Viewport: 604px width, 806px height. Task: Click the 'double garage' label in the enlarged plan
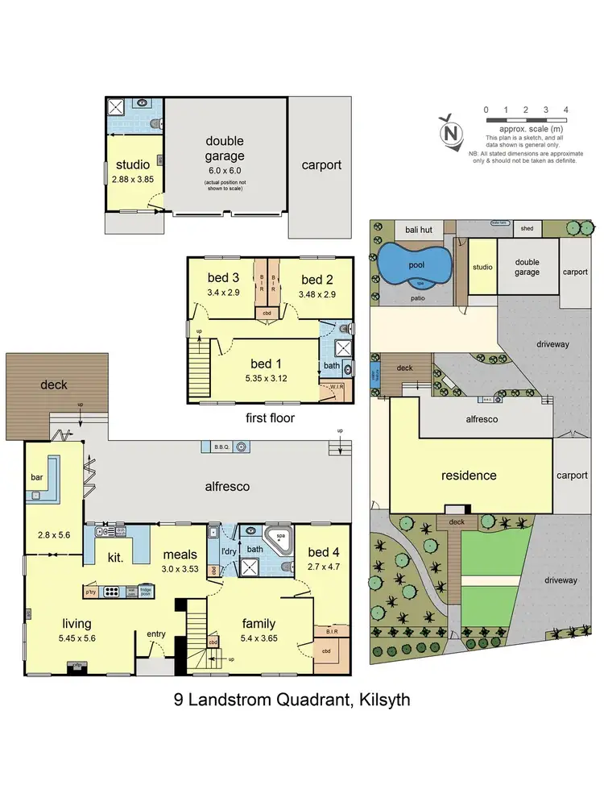coord(224,149)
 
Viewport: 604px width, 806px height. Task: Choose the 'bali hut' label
coord(419,230)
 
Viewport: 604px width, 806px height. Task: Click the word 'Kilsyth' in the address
coord(380,700)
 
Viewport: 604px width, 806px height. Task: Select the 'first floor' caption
coord(271,418)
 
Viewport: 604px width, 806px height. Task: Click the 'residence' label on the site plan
coord(469,475)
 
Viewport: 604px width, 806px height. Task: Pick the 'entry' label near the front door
coord(155,634)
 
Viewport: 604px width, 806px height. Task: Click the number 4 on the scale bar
coord(567,110)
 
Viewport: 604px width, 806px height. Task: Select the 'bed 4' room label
coord(323,552)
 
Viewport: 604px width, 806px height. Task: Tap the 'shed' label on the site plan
coord(527,228)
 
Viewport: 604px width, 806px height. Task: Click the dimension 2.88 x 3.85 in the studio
coord(133,182)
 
